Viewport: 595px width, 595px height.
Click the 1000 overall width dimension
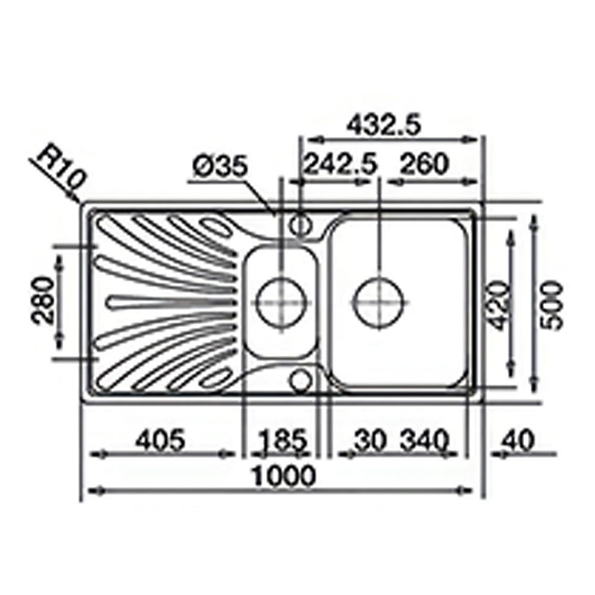pyautogui.click(x=284, y=475)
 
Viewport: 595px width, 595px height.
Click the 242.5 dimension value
pyautogui.click(x=341, y=164)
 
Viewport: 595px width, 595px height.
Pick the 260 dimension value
pyautogui.click(x=424, y=164)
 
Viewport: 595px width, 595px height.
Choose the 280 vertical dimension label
pyautogui.click(x=42, y=300)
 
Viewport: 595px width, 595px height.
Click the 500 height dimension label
pyautogui.click(x=552, y=306)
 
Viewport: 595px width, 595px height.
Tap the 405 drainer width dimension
pyautogui.click(x=161, y=440)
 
